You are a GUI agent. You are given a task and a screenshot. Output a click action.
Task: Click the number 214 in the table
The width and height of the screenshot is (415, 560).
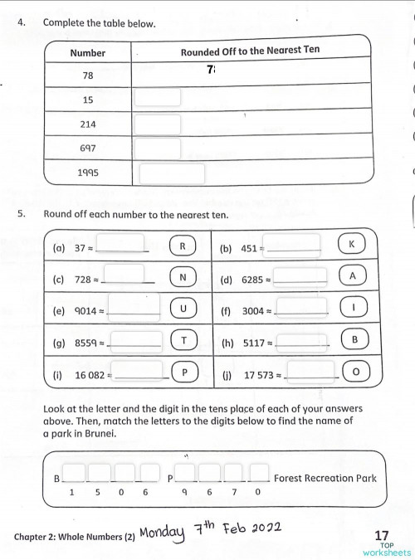(x=88, y=124)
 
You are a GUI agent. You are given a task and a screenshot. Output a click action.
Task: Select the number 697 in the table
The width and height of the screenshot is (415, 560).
(x=88, y=149)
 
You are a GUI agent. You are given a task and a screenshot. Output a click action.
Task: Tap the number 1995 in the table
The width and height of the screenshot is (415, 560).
(x=88, y=173)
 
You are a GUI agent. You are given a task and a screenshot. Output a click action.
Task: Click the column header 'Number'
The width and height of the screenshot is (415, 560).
(x=88, y=52)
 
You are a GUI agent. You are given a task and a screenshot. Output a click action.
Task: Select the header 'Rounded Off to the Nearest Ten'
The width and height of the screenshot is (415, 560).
(x=250, y=51)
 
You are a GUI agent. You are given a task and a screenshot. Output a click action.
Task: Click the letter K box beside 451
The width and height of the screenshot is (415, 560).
(x=352, y=245)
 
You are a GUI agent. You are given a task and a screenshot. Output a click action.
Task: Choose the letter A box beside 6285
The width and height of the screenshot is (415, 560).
(x=353, y=276)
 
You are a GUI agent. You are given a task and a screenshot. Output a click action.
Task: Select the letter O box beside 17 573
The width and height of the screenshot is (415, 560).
(x=356, y=373)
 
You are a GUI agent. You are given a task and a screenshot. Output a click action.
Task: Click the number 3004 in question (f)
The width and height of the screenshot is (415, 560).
(x=253, y=311)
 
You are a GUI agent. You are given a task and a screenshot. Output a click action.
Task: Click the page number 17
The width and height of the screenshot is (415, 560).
(x=382, y=535)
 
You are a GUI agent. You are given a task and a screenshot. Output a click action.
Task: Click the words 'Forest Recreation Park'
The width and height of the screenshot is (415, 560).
(x=325, y=478)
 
